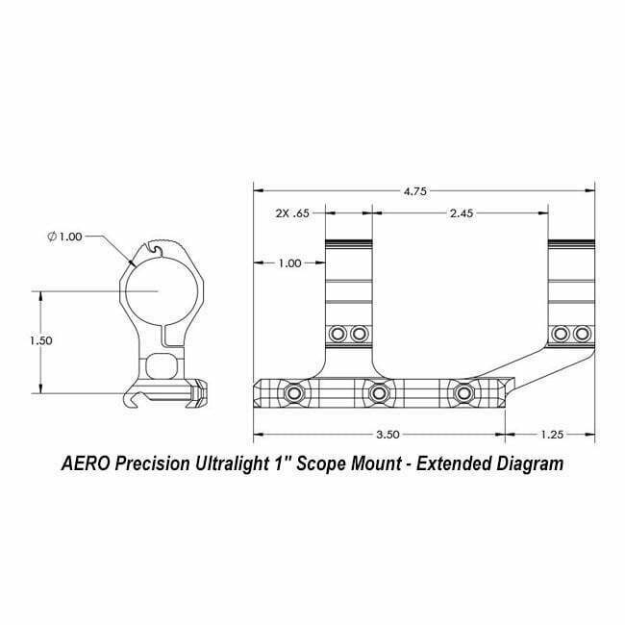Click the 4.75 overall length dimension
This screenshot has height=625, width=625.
click(415, 191)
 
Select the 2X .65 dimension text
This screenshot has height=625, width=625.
click(288, 213)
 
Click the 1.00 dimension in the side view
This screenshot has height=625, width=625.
click(288, 262)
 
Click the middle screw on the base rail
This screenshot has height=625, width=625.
click(379, 393)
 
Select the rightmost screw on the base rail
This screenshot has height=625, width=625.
click(463, 393)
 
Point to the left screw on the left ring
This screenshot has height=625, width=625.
click(337, 334)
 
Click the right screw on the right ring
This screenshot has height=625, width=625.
click(582, 334)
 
